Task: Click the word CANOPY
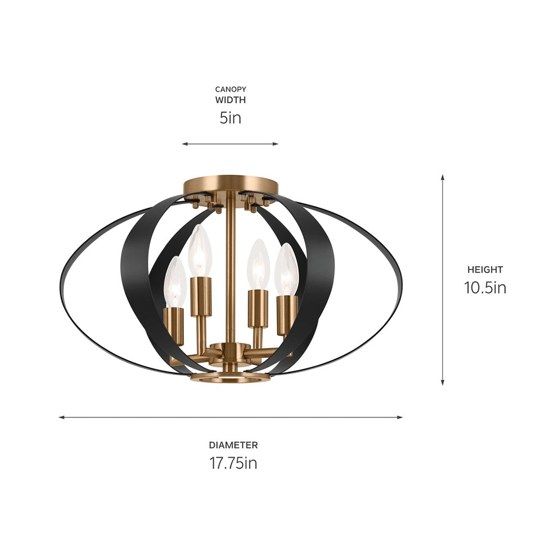[x=230, y=89]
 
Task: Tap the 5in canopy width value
[x=230, y=118]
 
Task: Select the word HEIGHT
[x=485, y=270]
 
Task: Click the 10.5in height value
[x=485, y=288]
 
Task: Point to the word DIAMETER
[x=233, y=445]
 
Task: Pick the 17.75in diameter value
[x=233, y=463]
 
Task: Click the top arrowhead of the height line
[x=442, y=178]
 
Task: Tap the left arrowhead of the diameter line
[x=61, y=417]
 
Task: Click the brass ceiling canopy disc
[x=230, y=183]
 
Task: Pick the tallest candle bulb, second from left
[x=200, y=252]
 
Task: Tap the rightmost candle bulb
[x=287, y=270]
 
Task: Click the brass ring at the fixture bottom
[x=230, y=378]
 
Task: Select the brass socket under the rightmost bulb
[x=287, y=315]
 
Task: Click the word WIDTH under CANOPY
[x=230, y=100]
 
